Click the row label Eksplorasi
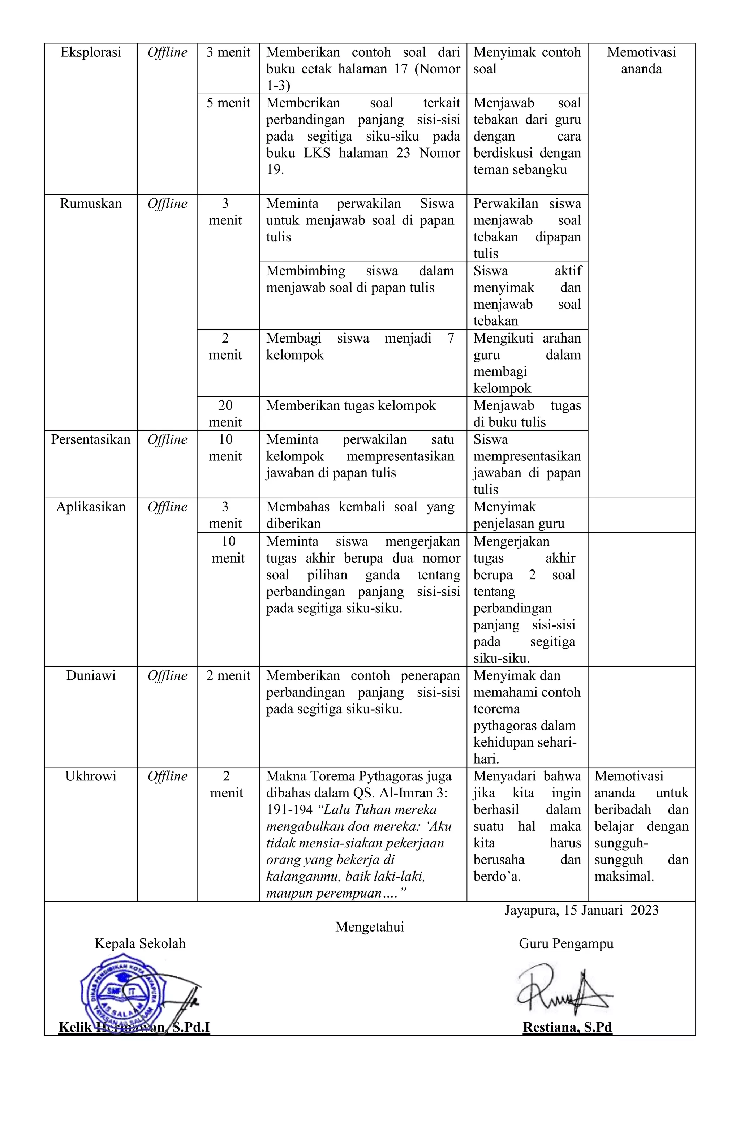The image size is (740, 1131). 91,52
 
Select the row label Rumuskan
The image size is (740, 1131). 91,203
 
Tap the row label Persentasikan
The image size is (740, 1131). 91,439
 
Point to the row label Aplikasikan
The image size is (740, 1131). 91,507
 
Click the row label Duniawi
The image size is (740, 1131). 91,675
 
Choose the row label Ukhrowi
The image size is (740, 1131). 91,776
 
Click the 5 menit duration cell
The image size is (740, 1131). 228,103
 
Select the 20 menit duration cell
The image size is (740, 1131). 225,413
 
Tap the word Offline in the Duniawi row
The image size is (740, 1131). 167,675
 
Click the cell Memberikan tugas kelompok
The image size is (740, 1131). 351,405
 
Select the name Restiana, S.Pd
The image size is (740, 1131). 567,1027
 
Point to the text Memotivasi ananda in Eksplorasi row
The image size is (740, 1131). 641,60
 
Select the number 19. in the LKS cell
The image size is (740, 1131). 275,170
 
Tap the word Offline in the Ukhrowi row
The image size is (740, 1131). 167,776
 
